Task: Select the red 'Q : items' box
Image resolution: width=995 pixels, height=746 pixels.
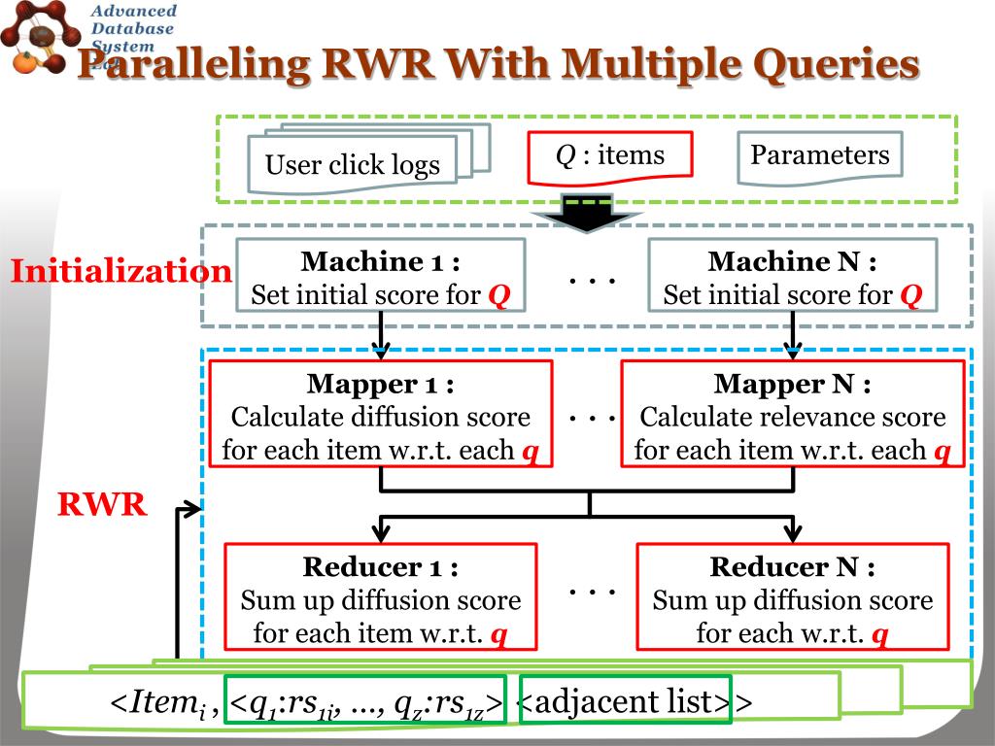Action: point(609,156)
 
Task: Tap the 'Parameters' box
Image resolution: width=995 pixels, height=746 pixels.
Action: point(819,156)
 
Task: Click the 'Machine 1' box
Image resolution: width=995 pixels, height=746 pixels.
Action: point(380,276)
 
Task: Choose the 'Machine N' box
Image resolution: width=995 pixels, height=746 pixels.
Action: point(792,276)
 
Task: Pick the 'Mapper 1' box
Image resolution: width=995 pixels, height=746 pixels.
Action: point(380,416)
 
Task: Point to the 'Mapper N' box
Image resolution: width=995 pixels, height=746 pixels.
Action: point(792,416)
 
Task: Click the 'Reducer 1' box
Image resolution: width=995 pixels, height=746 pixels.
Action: point(380,596)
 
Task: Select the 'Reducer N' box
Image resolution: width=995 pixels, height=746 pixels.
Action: point(792,596)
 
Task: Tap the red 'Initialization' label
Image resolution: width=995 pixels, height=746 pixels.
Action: point(120,271)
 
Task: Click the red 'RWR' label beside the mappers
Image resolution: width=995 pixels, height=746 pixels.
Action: point(102,504)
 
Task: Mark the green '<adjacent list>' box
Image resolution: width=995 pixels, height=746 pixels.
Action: point(625,701)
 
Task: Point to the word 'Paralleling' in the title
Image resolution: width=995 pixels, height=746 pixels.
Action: point(194,65)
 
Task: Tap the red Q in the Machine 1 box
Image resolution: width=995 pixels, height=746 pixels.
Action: point(498,294)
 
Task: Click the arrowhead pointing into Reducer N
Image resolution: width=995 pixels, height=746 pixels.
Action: point(792,531)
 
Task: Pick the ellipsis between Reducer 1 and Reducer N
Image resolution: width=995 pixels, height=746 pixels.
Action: point(592,590)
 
